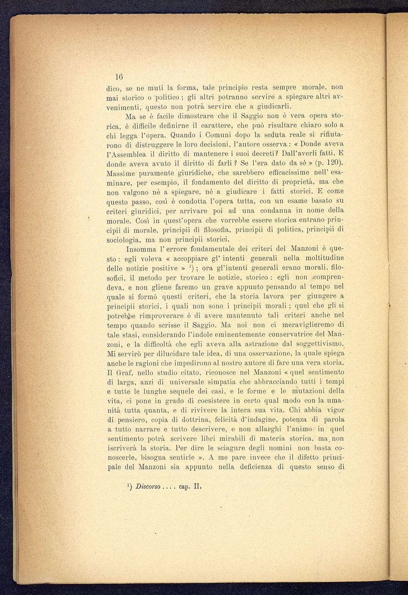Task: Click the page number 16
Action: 118,76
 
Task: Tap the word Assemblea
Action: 129,154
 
